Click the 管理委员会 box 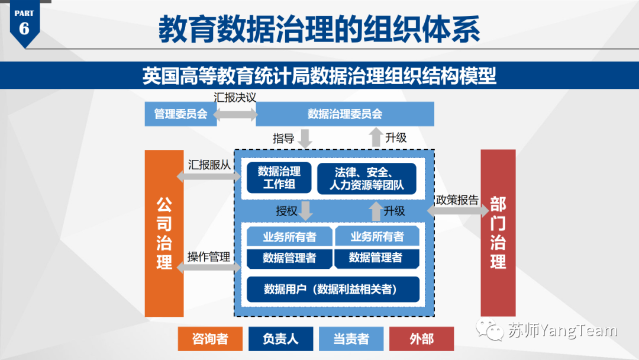tap(180, 114)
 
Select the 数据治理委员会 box tap(345, 114)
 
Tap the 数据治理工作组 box tap(279, 178)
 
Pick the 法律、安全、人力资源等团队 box tap(367, 178)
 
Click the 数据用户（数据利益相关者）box tap(333, 290)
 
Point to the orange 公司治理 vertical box tap(164, 233)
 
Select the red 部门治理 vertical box tap(498, 233)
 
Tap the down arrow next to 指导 tap(305, 139)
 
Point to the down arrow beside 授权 tap(306, 210)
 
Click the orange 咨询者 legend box tap(210, 339)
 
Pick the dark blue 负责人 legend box tap(280, 339)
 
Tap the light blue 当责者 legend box tap(351, 339)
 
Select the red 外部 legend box tap(421, 339)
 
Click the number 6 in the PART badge tap(24, 28)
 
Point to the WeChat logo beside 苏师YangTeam tap(492, 330)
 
